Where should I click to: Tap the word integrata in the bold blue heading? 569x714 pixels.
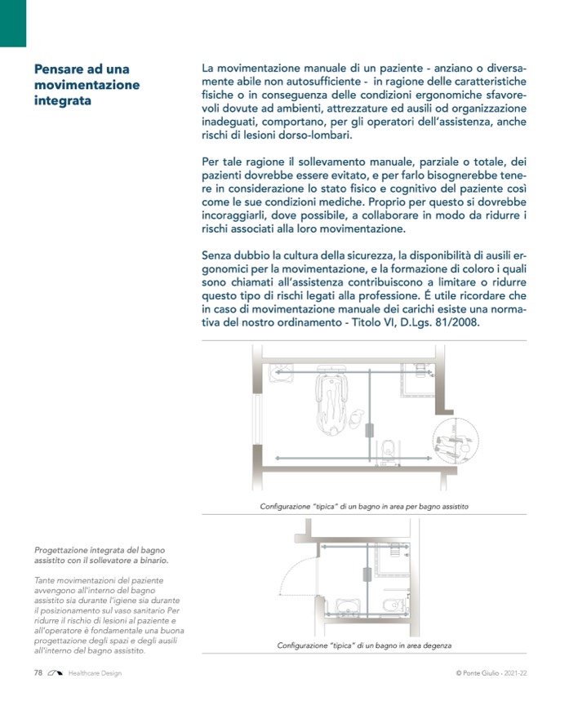tap(62, 101)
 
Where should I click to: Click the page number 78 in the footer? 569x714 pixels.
tap(38, 672)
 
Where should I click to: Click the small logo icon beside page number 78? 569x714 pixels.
tap(56, 672)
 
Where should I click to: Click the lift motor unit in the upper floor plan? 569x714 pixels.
tap(370, 430)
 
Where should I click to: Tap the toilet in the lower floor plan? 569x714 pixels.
tap(393, 605)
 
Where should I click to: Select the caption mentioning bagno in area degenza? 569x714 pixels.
tap(363, 645)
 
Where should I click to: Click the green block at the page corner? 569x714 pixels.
tap(13, 23)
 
